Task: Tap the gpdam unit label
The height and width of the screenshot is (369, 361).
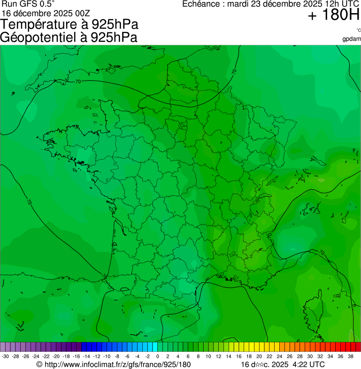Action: [352, 38]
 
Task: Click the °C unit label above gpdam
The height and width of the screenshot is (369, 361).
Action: [358, 31]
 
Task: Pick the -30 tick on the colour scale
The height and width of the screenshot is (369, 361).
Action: [6, 356]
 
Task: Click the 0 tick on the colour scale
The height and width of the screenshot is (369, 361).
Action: [157, 356]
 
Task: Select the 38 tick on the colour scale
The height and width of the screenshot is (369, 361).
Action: [350, 356]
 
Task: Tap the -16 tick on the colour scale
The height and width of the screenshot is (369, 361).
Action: [76, 356]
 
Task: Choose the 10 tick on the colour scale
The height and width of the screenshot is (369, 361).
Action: [208, 356]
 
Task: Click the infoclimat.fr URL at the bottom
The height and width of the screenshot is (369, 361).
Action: [113, 364]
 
